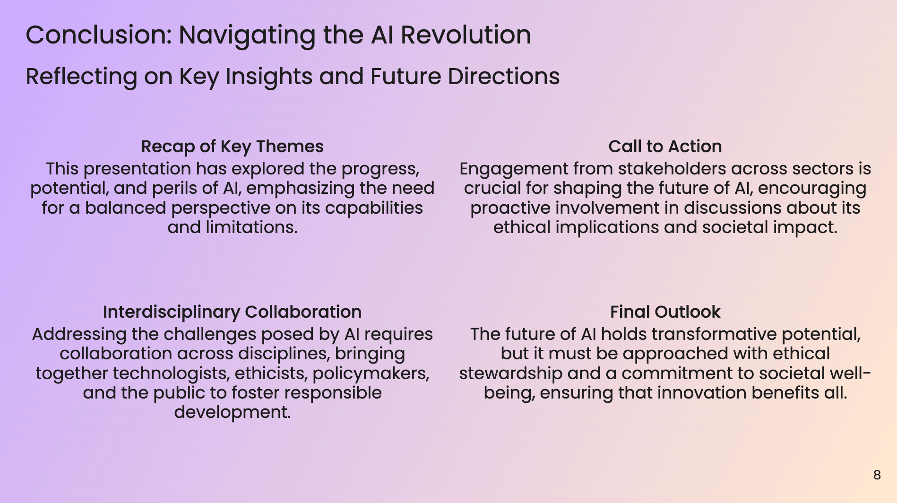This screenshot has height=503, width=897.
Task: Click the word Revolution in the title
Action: (x=466, y=35)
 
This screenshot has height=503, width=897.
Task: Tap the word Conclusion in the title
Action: (x=98, y=35)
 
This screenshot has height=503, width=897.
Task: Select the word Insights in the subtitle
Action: (x=268, y=77)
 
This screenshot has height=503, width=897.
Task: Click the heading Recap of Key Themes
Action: (x=232, y=147)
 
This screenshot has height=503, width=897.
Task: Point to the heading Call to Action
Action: (x=664, y=147)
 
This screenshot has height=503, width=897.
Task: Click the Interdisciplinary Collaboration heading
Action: (x=232, y=312)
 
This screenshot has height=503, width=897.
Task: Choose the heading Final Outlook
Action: (x=664, y=312)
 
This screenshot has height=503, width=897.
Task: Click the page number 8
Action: (x=877, y=475)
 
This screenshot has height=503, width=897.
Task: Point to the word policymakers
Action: (x=371, y=373)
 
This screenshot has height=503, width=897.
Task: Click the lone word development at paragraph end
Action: (x=232, y=413)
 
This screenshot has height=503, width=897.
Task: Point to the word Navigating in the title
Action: (x=247, y=35)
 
